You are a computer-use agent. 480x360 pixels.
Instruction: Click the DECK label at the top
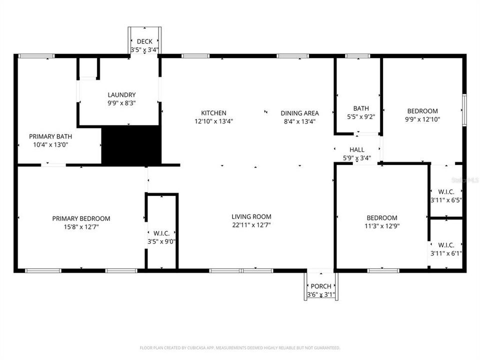[144, 41]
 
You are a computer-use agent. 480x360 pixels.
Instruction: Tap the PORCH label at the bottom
[321, 286]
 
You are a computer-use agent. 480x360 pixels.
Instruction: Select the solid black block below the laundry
[131, 145]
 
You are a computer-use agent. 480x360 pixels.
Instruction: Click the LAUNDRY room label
[121, 94]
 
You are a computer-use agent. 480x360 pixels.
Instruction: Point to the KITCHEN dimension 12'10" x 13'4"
[213, 121]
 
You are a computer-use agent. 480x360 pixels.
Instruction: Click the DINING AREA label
[299, 113]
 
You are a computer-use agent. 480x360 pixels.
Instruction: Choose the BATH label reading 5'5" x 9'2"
[361, 108]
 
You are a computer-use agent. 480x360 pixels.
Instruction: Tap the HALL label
[356, 149]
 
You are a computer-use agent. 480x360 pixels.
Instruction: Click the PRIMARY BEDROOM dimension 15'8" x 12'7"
[81, 226]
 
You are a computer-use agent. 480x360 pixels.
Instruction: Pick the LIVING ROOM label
[251, 216]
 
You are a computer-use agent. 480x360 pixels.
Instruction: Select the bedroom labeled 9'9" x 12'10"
[422, 111]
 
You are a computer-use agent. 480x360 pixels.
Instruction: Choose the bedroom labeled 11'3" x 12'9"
[382, 217]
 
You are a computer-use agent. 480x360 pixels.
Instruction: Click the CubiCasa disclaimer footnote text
[240, 347]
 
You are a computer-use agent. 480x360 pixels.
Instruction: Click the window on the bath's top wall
[358, 56]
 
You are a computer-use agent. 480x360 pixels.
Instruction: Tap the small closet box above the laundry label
[88, 68]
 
